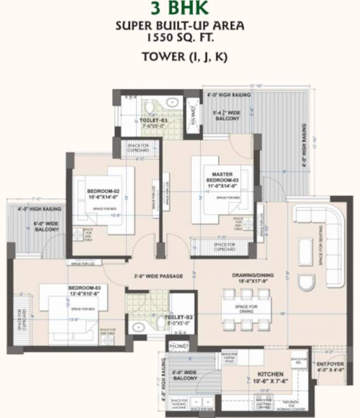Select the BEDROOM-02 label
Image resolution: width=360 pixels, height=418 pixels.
(x=103, y=191)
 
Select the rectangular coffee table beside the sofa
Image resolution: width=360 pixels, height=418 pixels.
(x=306, y=251)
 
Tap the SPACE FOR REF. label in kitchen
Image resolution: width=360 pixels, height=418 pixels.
(x=298, y=359)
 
